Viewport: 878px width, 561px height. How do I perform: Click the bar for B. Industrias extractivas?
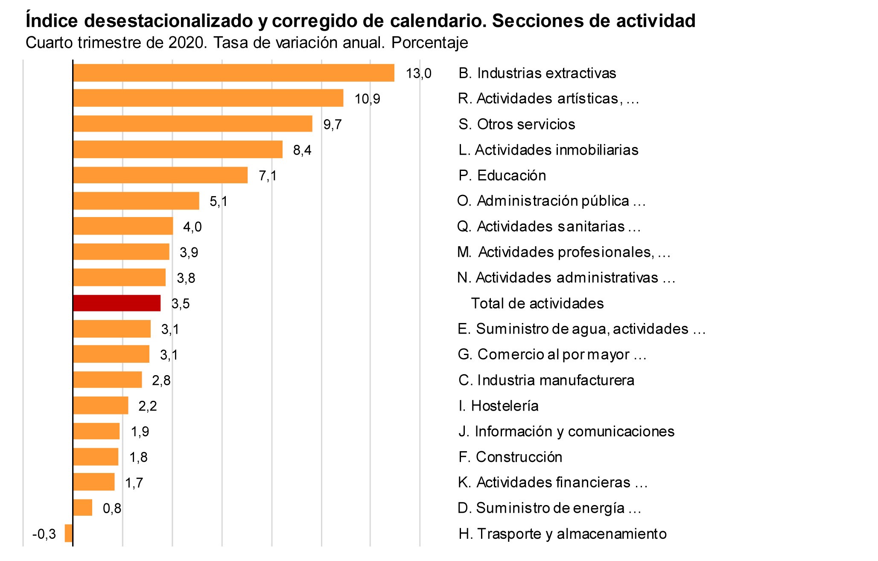click(x=233, y=73)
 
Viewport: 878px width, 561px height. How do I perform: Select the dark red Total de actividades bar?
click(x=117, y=303)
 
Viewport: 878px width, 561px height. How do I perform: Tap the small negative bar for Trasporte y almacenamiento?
click(x=68, y=533)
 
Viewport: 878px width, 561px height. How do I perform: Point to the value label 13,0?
click(x=418, y=73)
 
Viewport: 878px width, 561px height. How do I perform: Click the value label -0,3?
click(x=44, y=534)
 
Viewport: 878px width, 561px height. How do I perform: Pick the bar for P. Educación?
click(x=160, y=175)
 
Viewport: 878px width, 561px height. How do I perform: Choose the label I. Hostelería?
click(x=499, y=405)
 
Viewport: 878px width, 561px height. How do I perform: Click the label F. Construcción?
click(x=510, y=457)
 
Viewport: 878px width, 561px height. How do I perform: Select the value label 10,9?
click(x=367, y=99)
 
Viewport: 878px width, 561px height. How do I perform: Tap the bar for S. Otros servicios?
click(x=193, y=124)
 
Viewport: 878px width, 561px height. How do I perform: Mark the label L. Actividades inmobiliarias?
click(x=548, y=150)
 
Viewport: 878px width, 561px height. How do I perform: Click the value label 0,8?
click(x=112, y=508)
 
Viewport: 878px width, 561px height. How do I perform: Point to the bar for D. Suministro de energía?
click(x=82, y=508)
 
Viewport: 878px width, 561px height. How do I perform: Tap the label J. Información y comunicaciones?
click(x=566, y=431)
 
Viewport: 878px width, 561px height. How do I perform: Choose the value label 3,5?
click(x=181, y=304)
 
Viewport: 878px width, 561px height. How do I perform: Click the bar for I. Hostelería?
click(x=100, y=405)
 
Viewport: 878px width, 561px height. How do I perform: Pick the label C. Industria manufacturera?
click(x=546, y=380)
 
